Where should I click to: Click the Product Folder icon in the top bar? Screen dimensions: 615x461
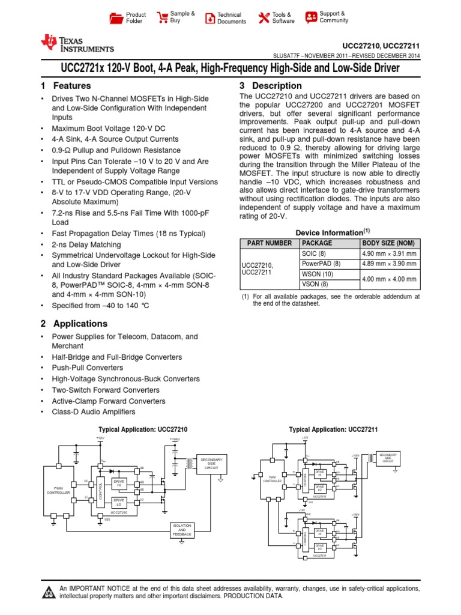116,18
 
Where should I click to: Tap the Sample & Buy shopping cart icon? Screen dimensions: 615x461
162,17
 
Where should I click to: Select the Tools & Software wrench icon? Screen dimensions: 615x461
264,18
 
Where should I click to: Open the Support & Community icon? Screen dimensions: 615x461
310,17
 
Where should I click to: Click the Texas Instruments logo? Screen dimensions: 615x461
76,43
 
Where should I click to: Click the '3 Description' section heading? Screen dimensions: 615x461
271,86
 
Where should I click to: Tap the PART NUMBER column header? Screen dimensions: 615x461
267,243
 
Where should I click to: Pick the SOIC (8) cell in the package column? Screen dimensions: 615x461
313,253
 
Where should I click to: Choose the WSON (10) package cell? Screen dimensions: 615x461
318,274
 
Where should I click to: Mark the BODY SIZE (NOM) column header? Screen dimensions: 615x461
387,243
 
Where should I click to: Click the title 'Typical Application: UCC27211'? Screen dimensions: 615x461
333,429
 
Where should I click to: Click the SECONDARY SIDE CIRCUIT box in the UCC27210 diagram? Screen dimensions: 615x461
211,463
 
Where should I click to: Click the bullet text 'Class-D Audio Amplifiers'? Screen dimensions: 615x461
94,412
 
